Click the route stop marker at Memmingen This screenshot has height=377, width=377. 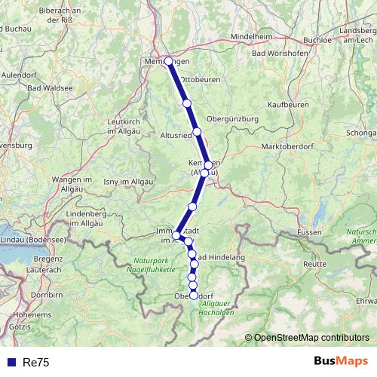(x=168, y=61)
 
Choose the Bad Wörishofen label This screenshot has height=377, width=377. (x=280, y=54)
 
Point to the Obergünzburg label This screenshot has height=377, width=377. (x=232, y=119)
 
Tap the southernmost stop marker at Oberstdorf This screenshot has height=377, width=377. (x=193, y=296)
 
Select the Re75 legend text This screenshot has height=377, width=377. (x=35, y=363)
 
